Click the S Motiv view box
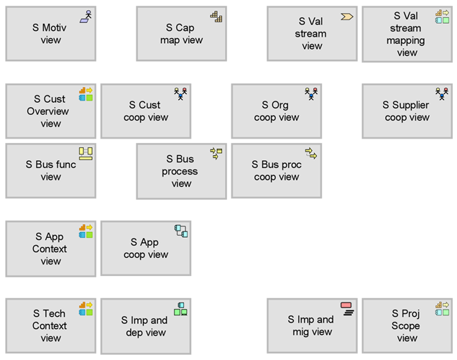[51, 34]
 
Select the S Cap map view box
[181, 34]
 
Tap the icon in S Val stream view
[347, 17]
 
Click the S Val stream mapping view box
[407, 34]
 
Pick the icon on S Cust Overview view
[86, 94]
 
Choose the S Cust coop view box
[146, 111]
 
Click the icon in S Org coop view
[311, 94]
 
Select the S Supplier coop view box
[407, 111]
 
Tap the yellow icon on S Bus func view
[86, 154]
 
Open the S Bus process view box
[181, 171]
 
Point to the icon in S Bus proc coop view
[311, 153]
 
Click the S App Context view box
[51, 249]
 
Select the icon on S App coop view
[181, 231]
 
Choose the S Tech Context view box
[51, 326]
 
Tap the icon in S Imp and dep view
[180, 309]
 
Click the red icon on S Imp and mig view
[346, 305]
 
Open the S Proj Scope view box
[407, 326]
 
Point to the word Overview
[48, 111]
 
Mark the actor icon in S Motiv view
[88, 14]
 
